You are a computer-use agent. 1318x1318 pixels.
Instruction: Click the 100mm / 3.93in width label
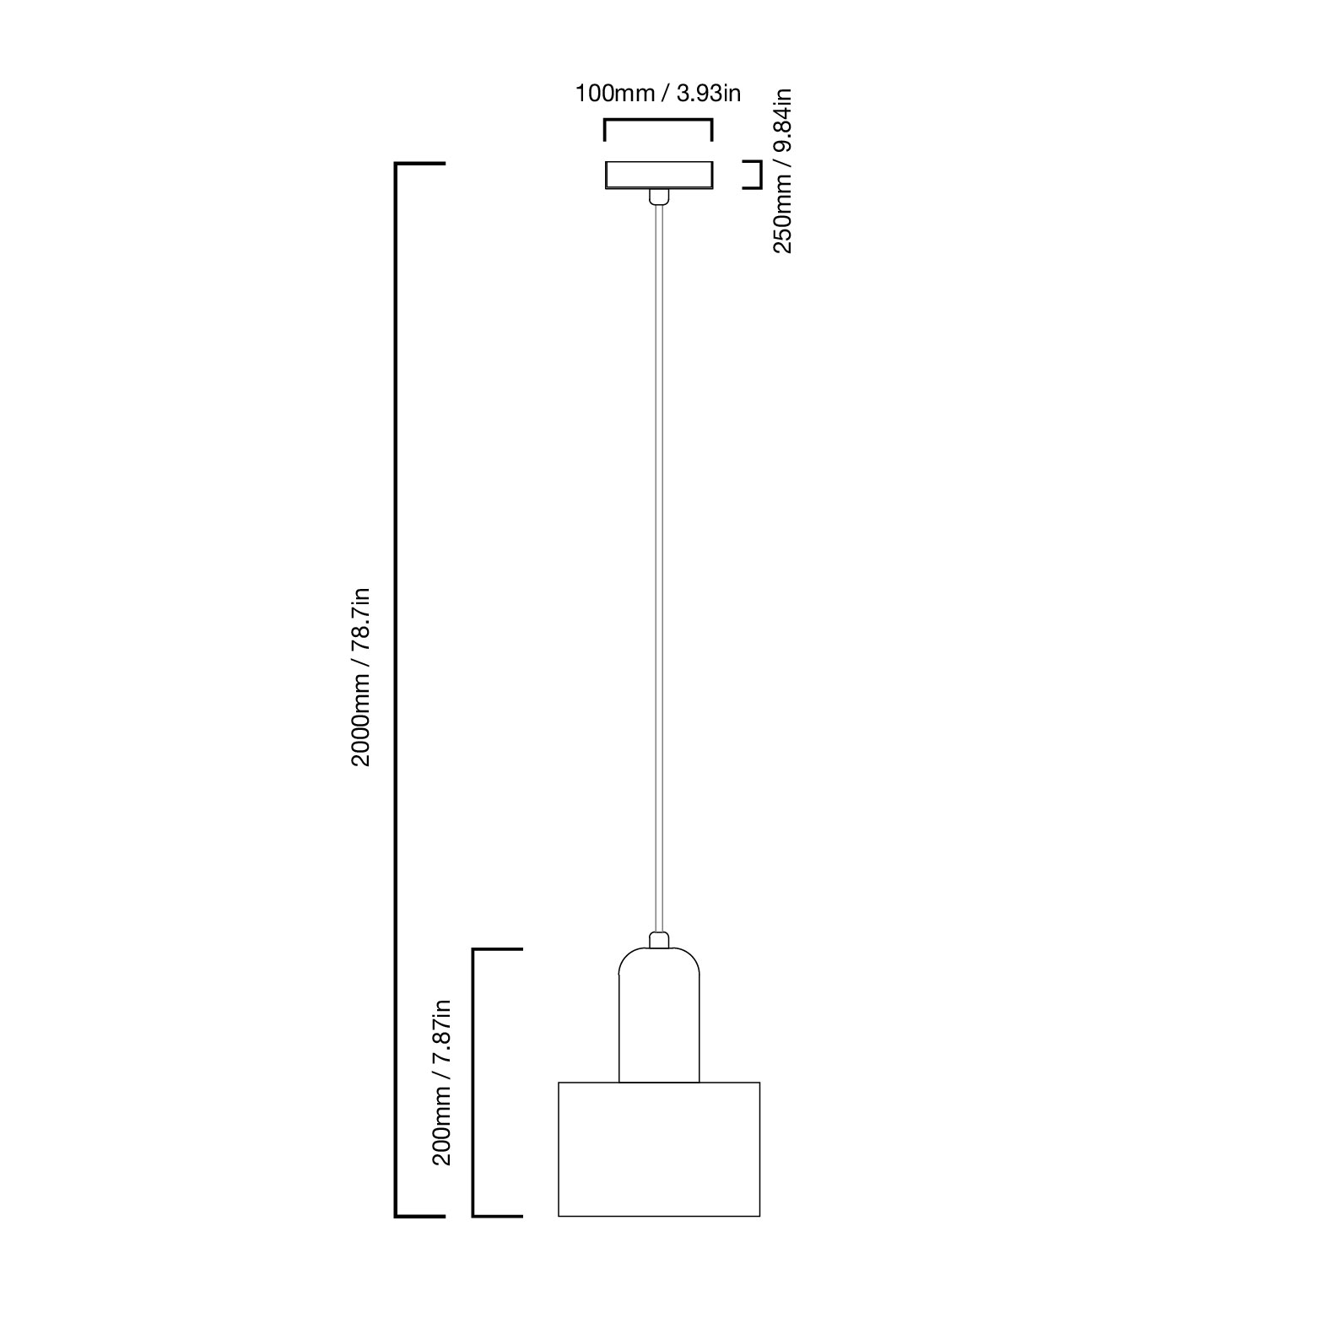[x=658, y=93]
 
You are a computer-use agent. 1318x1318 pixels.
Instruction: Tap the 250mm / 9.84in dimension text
[x=783, y=170]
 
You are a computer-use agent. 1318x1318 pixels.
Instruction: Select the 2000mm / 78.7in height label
[x=361, y=677]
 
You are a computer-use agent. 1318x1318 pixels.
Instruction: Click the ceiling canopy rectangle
[x=659, y=175]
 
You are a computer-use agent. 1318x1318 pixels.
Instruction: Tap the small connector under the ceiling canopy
[x=659, y=197]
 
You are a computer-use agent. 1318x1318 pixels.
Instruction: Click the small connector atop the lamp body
[x=659, y=940]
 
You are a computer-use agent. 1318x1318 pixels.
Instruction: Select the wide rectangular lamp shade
[x=659, y=1149]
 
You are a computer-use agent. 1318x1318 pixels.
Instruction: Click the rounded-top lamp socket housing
[x=659, y=1015]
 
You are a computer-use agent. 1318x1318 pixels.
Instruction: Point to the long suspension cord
[x=659, y=568]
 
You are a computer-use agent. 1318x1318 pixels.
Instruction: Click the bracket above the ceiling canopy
[x=658, y=122]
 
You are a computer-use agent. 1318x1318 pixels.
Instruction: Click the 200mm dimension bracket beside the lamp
[x=473, y=1083]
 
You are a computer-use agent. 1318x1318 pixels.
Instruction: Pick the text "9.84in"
[x=783, y=119]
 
